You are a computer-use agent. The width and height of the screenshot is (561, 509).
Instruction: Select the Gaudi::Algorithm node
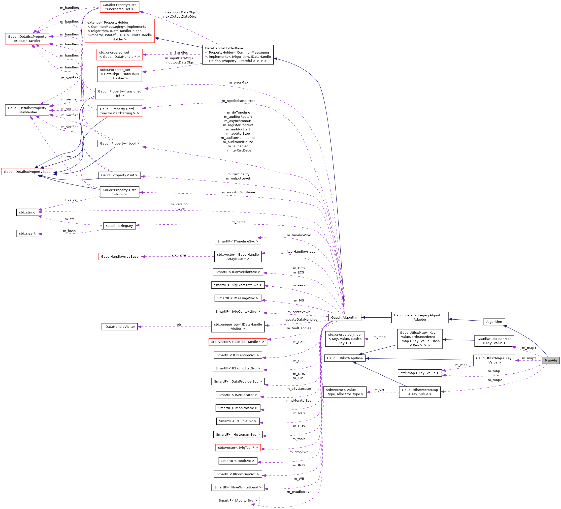coord(344,317)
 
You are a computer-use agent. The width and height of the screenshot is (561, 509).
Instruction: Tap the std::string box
coord(27,212)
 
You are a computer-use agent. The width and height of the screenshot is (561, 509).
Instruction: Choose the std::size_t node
coord(27,234)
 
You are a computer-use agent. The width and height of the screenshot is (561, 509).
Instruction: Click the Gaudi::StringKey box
coord(119,226)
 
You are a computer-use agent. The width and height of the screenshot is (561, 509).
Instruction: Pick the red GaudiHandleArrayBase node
coord(119,257)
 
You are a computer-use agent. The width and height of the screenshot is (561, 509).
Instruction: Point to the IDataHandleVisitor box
coord(120,327)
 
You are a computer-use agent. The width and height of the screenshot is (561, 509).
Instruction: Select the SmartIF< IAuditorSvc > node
coord(238,500)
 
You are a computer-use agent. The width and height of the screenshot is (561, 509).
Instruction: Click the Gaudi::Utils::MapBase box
coord(344,358)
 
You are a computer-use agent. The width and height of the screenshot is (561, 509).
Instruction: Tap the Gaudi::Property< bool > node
coord(119,144)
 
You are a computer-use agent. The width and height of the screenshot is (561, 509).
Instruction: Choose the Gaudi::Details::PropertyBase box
coord(27,172)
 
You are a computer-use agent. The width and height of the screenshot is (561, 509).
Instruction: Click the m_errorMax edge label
coord(238,83)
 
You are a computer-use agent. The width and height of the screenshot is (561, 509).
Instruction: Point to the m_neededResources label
coord(238,101)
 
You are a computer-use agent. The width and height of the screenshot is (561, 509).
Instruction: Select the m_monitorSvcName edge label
coord(238,192)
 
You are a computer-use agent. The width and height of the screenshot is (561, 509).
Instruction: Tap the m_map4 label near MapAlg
coord(529,348)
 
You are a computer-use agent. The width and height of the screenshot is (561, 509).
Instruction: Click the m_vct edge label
coord(379,390)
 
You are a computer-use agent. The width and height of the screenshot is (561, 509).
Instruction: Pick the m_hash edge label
coord(69,231)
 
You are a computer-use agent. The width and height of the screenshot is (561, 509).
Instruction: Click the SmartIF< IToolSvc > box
coord(238,461)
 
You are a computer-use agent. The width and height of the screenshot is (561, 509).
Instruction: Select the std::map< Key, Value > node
coord(420,373)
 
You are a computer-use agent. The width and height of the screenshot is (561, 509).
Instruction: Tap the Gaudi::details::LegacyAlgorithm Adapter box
coord(420,317)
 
